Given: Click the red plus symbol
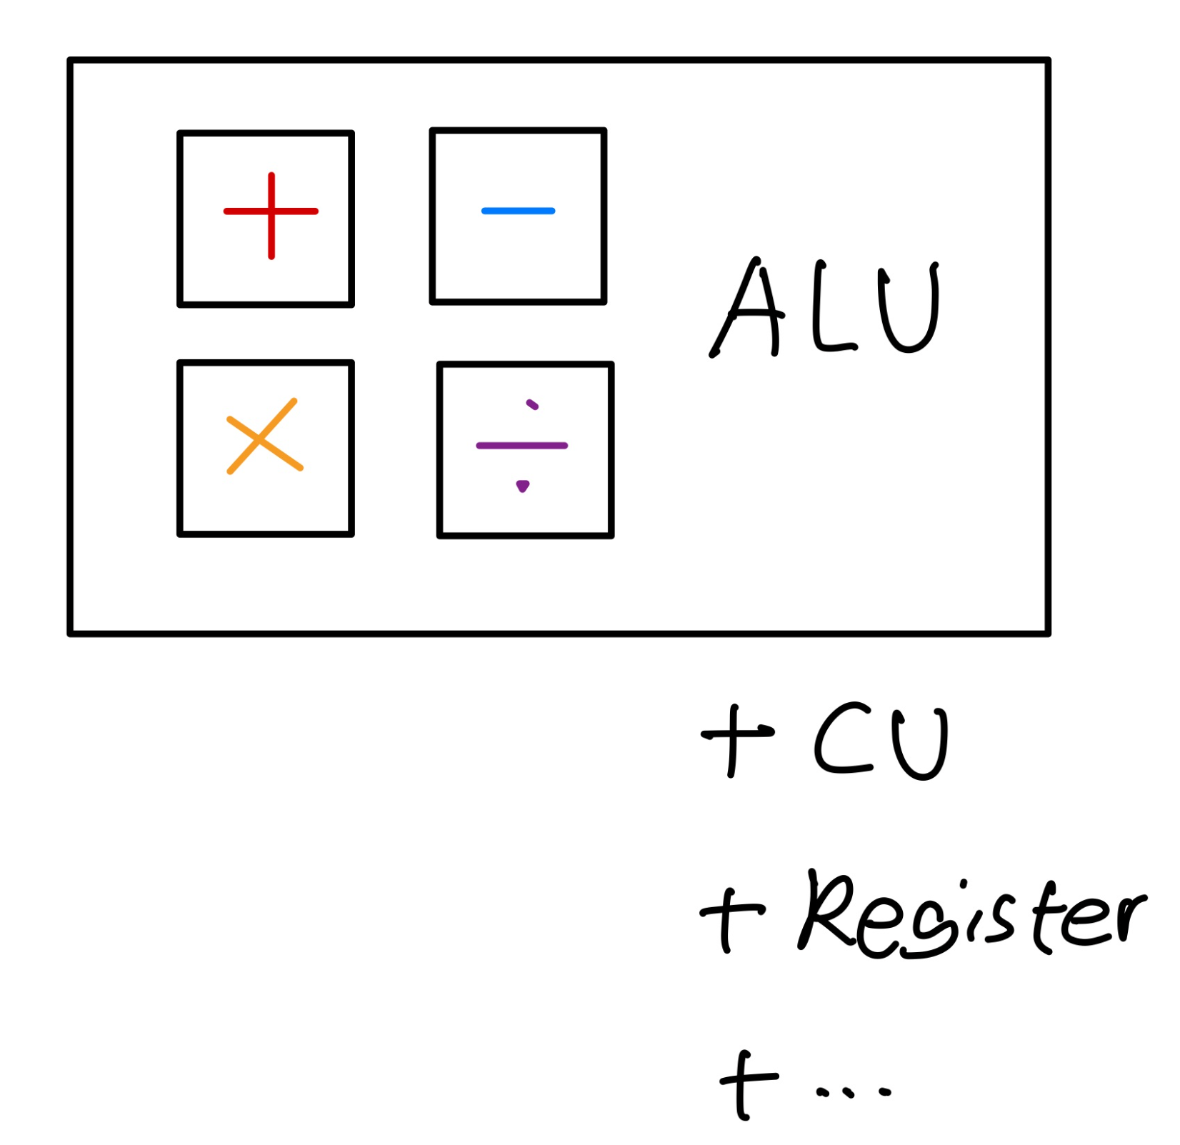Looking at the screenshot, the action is pos(271,214).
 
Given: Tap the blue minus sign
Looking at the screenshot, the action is pos(519,211).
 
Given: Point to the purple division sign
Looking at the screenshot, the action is pos(522,446).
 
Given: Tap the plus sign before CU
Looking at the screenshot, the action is pos(736,739).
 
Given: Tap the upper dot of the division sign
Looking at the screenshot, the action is pos(532,405).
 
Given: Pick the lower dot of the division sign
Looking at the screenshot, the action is pos(523,486).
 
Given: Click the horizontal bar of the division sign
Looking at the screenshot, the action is pos(522,446).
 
